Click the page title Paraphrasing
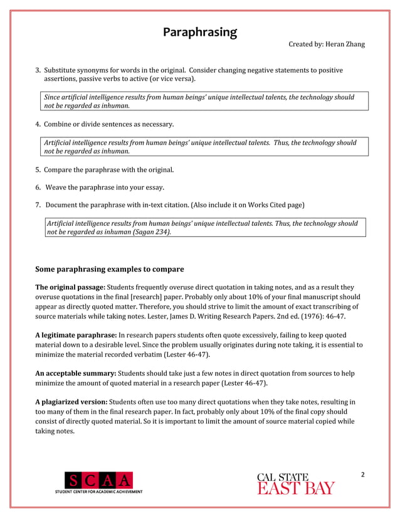pos(200,32)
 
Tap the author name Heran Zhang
pos(344,45)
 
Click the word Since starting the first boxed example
pos(53,97)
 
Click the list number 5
pos(37,170)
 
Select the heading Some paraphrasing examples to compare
pos(110,269)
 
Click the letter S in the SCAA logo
pos(74,480)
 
